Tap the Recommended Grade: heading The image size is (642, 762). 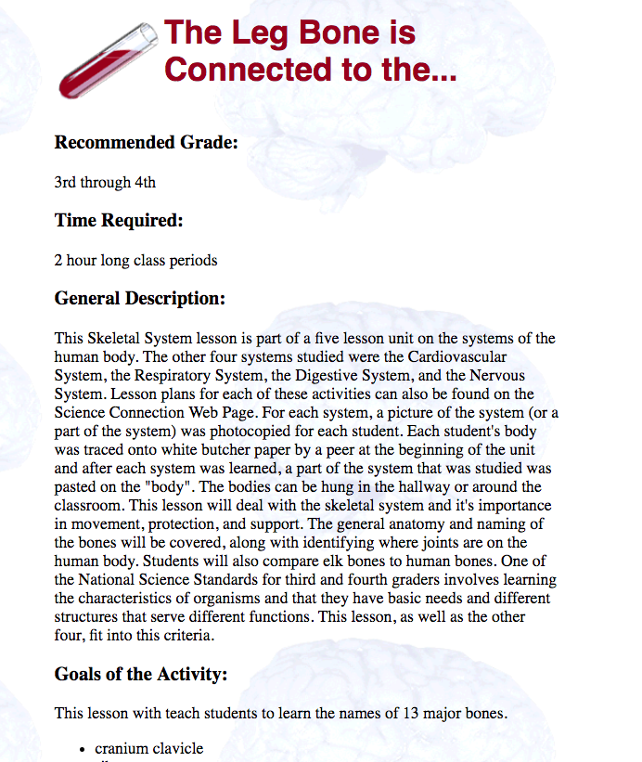[147, 143]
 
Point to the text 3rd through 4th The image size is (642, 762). [105, 182]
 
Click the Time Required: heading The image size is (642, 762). [119, 221]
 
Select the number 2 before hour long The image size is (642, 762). [58, 260]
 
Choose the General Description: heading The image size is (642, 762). [140, 299]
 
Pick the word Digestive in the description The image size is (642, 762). [350, 376]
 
